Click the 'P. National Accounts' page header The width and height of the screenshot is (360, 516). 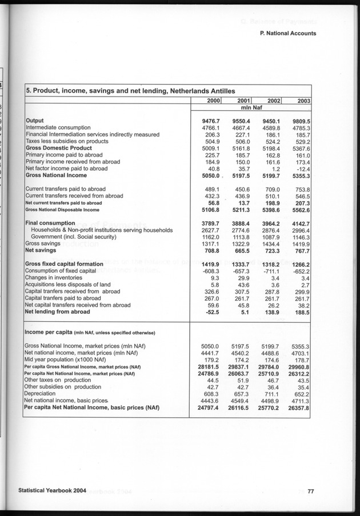point(287,33)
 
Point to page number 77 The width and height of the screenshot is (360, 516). point(311,491)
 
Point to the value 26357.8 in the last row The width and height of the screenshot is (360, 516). point(298,408)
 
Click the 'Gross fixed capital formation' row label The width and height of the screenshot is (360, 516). point(64,264)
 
